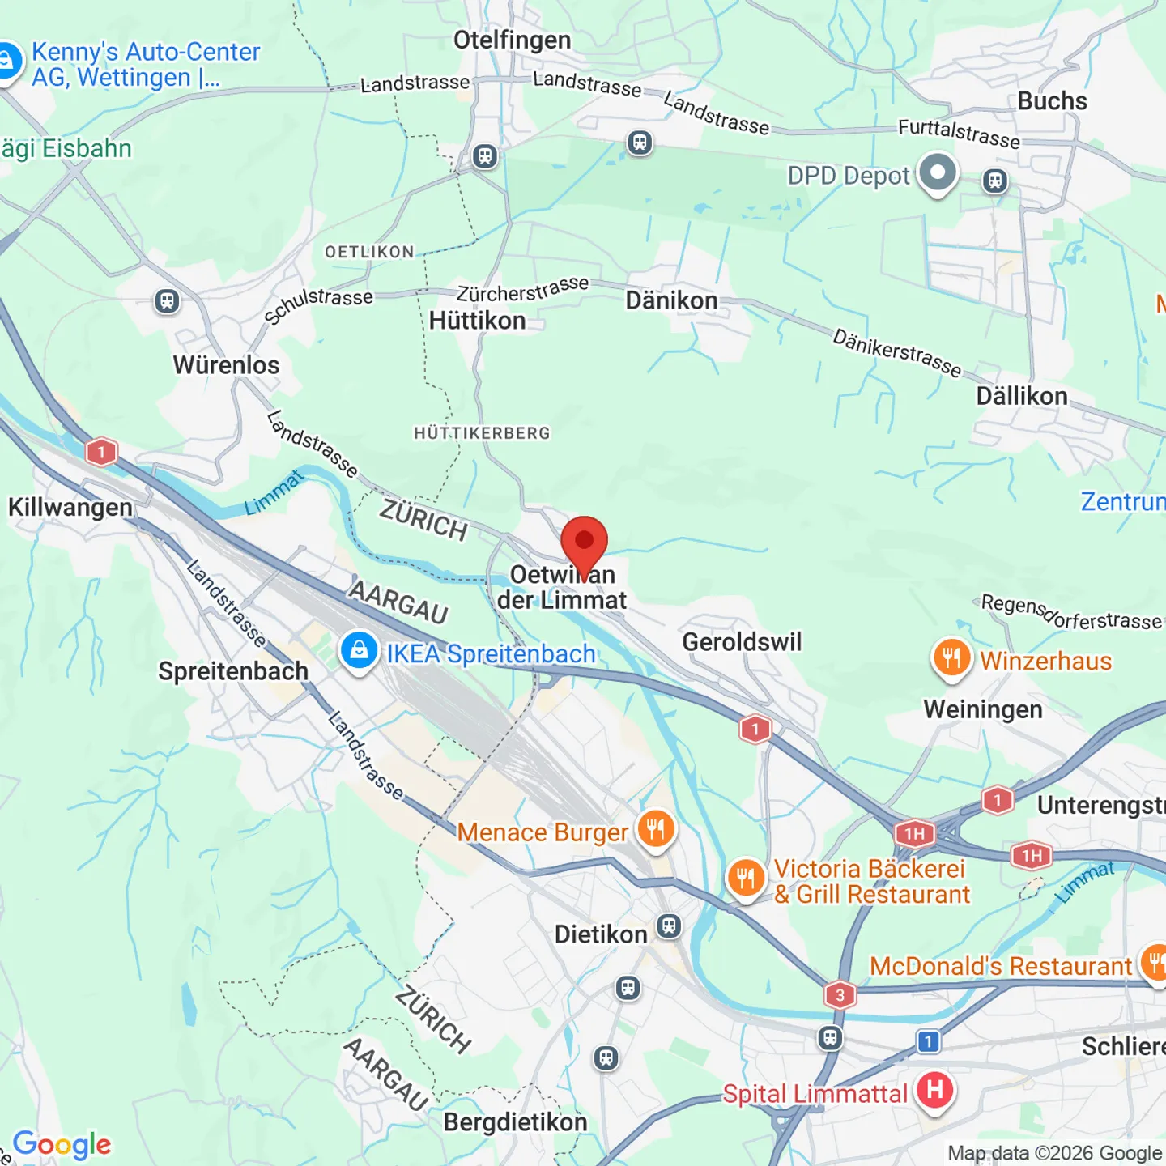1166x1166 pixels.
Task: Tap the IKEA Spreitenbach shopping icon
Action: click(359, 650)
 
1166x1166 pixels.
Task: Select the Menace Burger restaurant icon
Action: click(656, 830)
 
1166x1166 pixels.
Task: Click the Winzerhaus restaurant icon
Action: click(951, 659)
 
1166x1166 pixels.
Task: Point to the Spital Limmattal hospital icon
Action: click(934, 1091)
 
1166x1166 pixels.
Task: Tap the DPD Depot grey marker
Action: click(938, 173)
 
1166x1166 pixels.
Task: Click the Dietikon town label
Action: click(601, 934)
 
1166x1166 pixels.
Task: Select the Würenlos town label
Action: click(226, 365)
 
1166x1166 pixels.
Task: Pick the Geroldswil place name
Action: click(742, 642)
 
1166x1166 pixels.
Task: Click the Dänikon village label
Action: click(671, 301)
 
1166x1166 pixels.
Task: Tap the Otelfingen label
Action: click(512, 40)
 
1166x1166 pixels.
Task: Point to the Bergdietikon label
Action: click(515, 1122)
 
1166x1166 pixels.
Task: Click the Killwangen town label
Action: click(70, 508)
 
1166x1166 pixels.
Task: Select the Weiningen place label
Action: click(983, 709)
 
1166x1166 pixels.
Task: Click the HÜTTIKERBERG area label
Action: click(482, 433)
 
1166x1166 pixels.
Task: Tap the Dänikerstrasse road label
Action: click(897, 353)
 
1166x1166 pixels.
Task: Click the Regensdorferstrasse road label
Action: click(1070, 613)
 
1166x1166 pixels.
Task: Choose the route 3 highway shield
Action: click(840, 994)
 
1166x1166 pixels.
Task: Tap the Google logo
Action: click(62, 1145)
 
